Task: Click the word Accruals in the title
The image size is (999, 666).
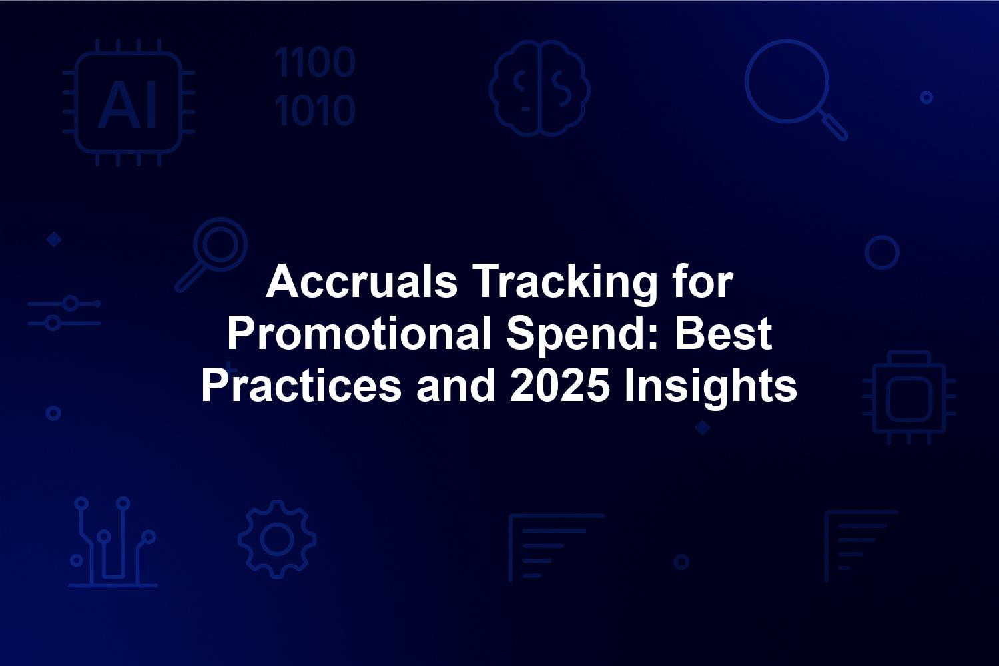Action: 362,282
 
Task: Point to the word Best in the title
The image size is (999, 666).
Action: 723,333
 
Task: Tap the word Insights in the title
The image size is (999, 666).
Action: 711,387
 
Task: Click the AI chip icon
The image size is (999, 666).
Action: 129,103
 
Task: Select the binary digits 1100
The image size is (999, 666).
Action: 315,62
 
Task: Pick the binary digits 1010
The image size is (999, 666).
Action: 315,110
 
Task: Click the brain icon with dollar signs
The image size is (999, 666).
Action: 539,88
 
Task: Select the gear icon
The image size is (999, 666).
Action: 278,539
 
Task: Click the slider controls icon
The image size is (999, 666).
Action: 64,313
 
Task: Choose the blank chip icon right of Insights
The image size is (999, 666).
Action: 909,398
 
